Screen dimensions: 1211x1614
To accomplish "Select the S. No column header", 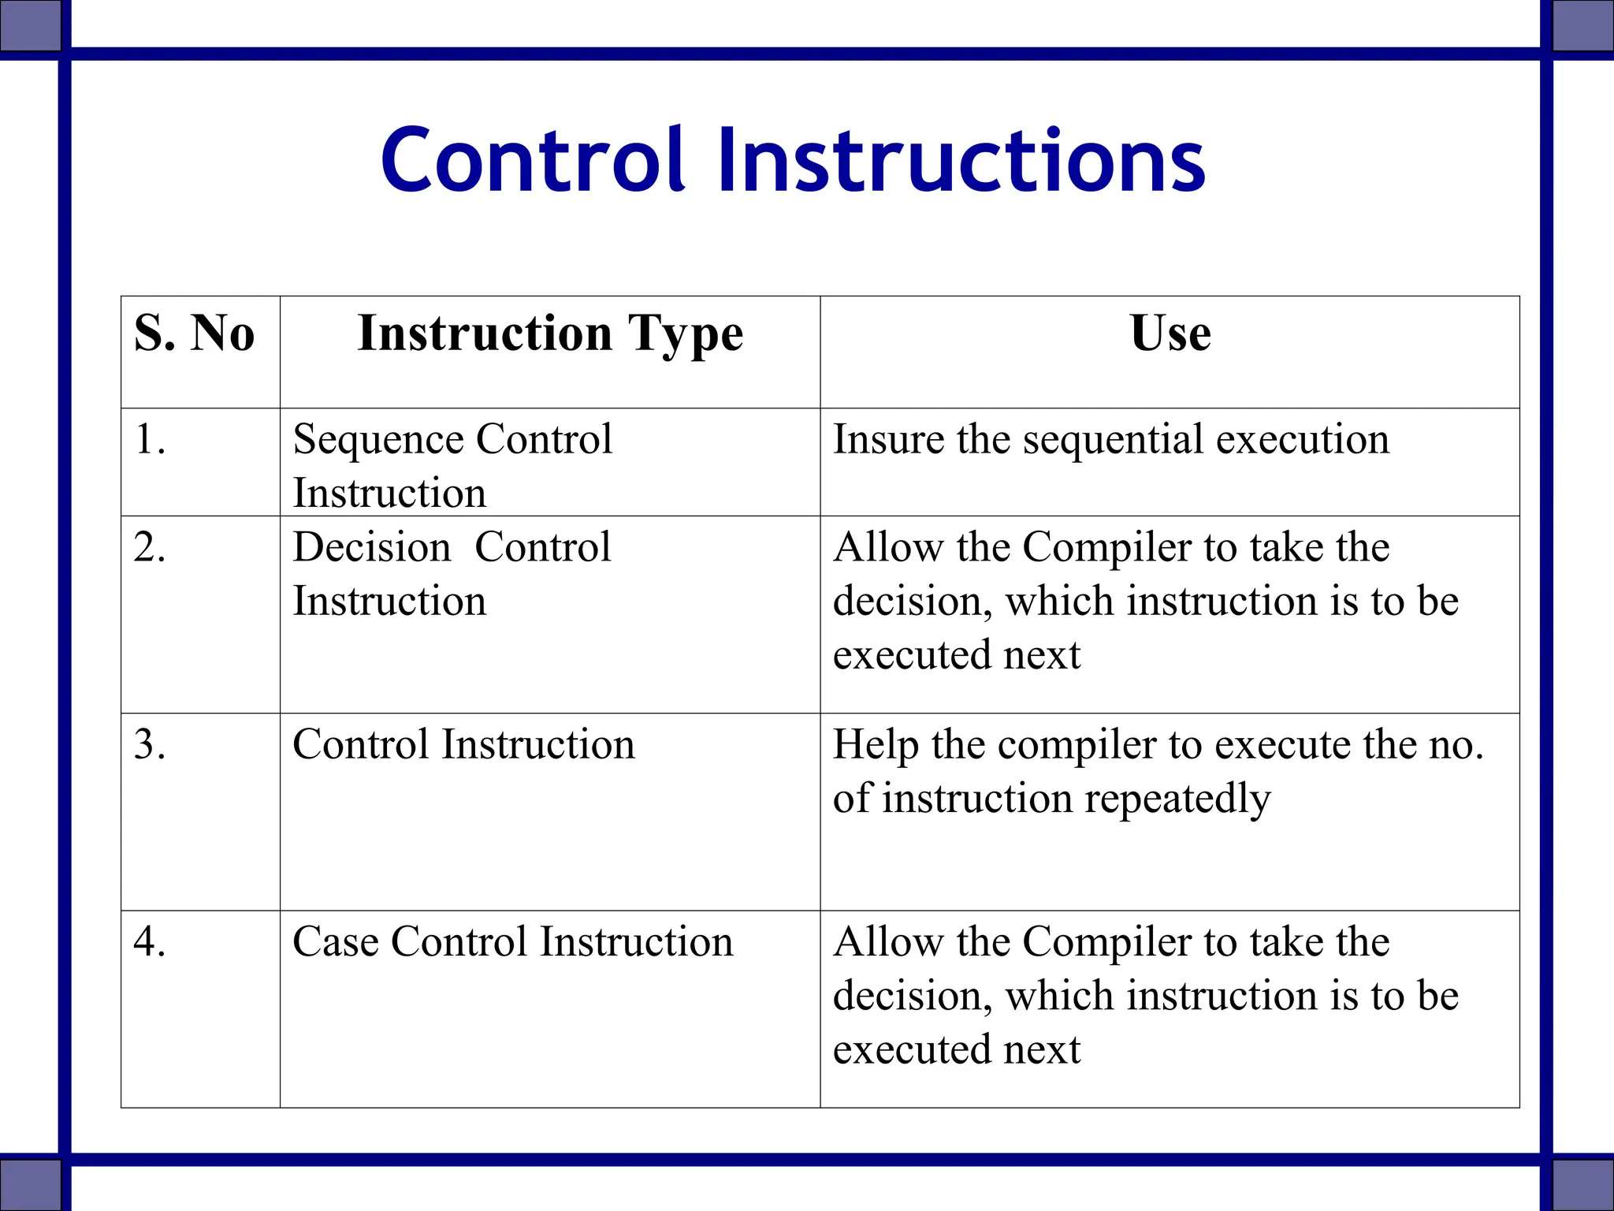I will [x=195, y=333].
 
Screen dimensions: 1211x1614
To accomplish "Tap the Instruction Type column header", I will [x=550, y=334].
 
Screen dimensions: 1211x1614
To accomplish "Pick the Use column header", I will [x=1170, y=333].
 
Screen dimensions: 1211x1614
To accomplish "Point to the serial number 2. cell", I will [x=150, y=547].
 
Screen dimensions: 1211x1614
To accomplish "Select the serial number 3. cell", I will [x=150, y=744].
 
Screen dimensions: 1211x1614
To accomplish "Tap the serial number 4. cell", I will [x=150, y=941].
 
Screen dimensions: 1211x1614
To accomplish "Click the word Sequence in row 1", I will [x=377, y=441].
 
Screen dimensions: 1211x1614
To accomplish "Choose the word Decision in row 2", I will [x=371, y=547].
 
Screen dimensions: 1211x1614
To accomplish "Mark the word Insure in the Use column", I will [x=888, y=439].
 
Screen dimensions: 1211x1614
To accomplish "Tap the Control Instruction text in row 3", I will [x=463, y=744].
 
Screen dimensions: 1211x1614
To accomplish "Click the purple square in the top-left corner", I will [x=29, y=25].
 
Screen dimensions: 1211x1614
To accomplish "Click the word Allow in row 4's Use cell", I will [x=888, y=941].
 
